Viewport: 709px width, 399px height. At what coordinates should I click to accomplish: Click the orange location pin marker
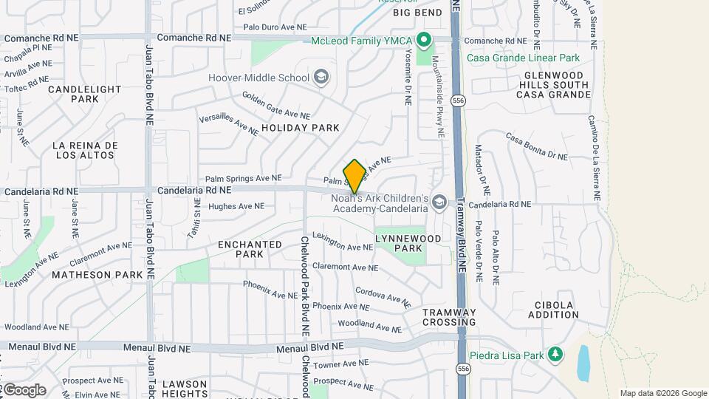click(x=354, y=176)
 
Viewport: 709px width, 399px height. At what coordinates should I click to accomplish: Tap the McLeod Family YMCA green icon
click(x=424, y=39)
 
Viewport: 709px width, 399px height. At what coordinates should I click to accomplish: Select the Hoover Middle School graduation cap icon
click(x=321, y=77)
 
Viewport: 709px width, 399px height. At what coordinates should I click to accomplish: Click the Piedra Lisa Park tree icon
click(x=555, y=355)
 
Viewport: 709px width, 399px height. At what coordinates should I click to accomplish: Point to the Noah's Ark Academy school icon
click(x=439, y=202)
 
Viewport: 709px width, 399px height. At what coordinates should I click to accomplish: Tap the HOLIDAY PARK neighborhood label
click(x=301, y=128)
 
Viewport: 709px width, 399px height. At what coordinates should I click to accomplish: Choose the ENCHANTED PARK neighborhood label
click(x=250, y=249)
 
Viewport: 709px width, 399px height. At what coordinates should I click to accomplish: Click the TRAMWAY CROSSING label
click(x=449, y=317)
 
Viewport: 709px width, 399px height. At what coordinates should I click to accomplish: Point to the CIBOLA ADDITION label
click(x=554, y=310)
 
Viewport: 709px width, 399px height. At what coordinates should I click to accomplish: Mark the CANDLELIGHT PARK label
click(x=84, y=94)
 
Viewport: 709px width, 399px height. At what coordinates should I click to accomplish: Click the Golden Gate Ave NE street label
click(x=276, y=106)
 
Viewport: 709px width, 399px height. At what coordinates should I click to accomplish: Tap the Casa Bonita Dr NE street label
click(x=537, y=146)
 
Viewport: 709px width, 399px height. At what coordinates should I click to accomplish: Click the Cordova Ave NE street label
click(x=383, y=296)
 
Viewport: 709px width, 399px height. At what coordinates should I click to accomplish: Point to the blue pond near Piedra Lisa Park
click(x=583, y=362)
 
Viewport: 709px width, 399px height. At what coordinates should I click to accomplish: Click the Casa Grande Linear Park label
click(x=522, y=58)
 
